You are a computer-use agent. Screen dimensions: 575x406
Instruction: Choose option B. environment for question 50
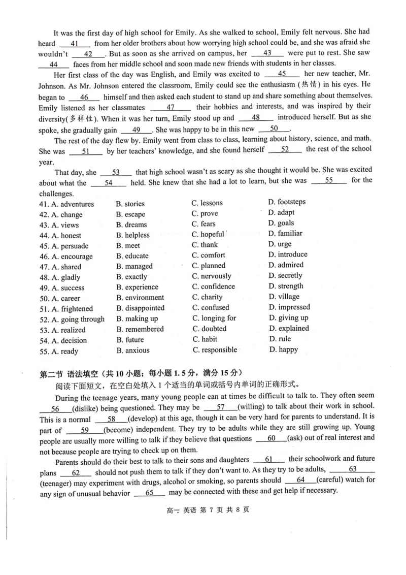click(x=140, y=298)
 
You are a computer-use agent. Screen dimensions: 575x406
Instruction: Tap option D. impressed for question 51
click(x=289, y=307)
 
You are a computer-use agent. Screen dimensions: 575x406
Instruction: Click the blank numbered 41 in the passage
click(x=75, y=44)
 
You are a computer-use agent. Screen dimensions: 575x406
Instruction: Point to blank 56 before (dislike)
click(x=55, y=409)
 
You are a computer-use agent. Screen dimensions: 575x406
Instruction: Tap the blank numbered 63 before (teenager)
click(x=353, y=469)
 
